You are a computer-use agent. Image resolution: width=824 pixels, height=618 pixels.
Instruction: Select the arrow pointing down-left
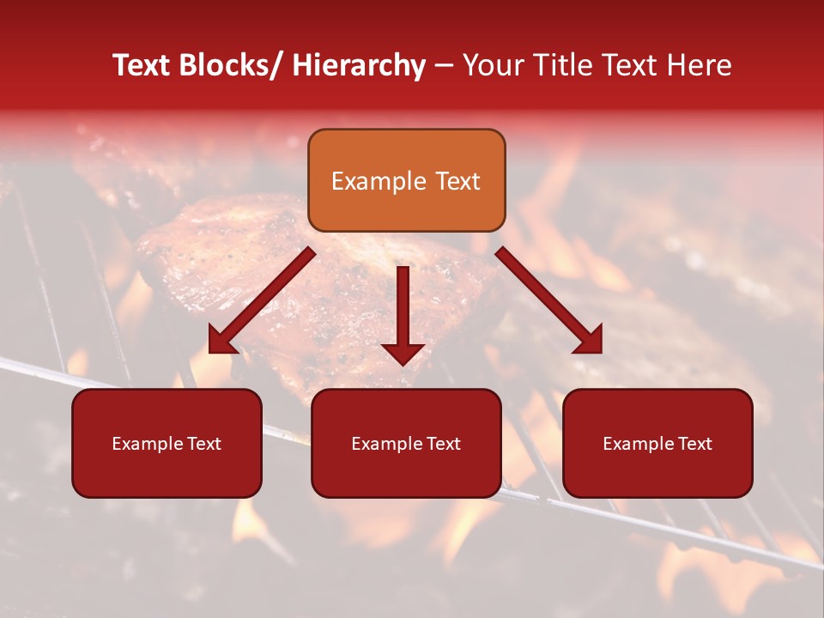click(261, 301)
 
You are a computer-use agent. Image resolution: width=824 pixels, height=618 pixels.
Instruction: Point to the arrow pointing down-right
click(548, 300)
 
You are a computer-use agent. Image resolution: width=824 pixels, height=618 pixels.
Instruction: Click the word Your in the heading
click(492, 65)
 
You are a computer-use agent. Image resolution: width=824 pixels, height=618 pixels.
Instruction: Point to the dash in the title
click(444, 66)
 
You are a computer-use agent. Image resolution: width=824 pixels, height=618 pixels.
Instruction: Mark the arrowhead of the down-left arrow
click(221, 340)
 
